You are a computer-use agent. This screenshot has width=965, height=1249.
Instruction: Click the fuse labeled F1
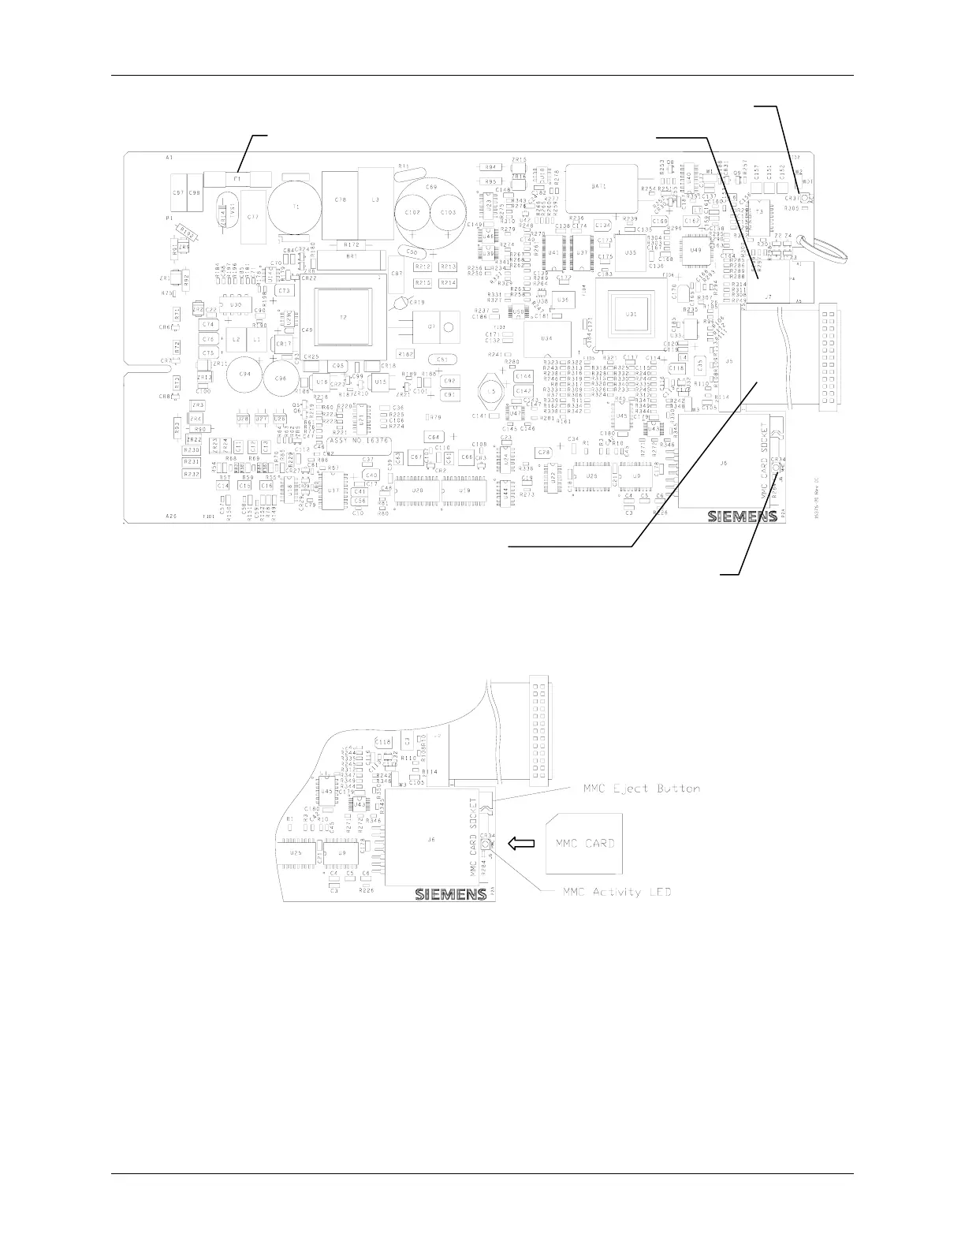pos(237,179)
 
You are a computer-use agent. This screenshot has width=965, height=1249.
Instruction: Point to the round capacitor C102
pos(413,213)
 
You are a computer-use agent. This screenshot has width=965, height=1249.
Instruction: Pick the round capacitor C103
pos(448,213)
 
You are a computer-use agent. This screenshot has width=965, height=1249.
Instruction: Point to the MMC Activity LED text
pos(617,892)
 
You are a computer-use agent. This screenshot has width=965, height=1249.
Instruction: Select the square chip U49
pos(695,249)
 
